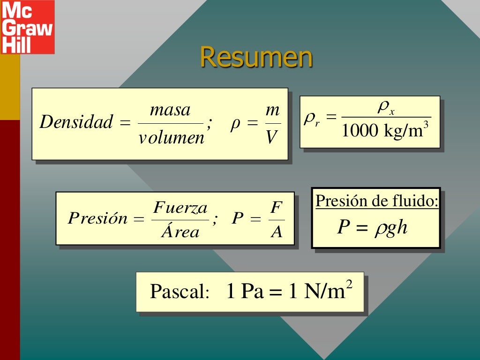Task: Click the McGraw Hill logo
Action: pos(27,27)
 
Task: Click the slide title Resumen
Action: pos(256,58)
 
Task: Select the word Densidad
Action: pos(76,122)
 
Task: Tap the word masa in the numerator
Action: pos(170,111)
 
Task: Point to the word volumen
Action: pos(172,138)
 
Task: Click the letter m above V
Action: pos(272,111)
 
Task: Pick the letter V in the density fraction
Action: pos(272,137)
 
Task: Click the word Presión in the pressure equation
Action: pos(97,218)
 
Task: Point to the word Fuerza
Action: pos(180,207)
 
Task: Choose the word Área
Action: pos(180,232)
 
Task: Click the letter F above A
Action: pos(276,207)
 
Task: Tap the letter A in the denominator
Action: pos(277,232)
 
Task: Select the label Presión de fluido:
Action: pos(377,201)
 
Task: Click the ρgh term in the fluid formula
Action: pos(391,228)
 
